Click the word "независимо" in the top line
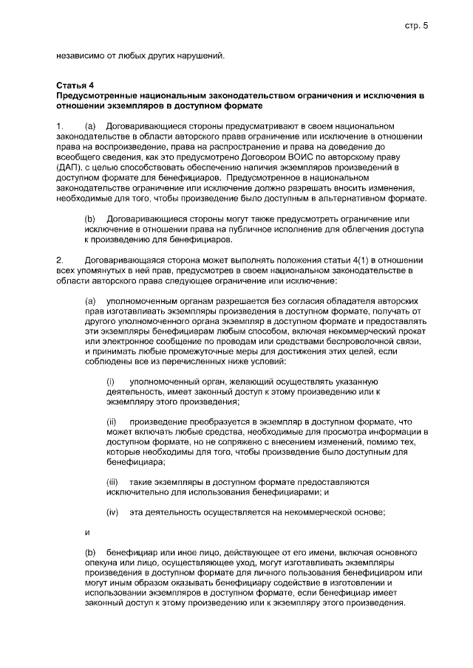click(79, 55)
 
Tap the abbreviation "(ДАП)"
click(69, 168)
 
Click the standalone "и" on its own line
click(88, 531)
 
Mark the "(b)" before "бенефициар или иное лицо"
click(91, 552)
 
